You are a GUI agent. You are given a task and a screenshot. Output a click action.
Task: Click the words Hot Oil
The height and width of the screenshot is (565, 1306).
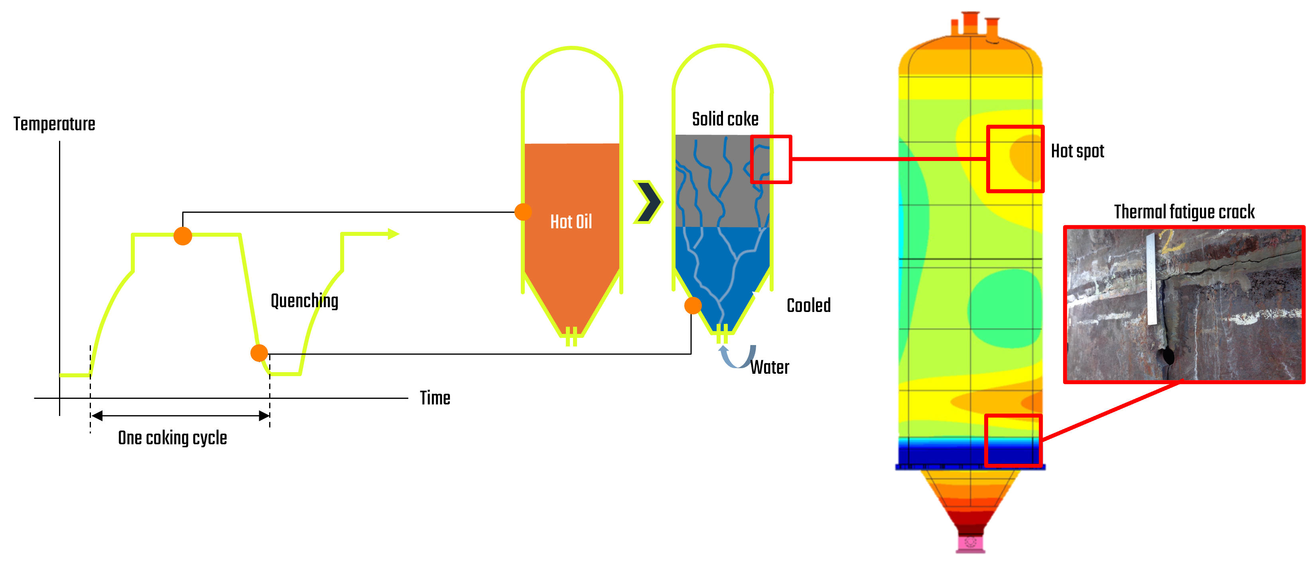click(x=571, y=222)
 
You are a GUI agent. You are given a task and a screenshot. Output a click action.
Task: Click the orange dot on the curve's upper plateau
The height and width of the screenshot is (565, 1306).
click(x=183, y=235)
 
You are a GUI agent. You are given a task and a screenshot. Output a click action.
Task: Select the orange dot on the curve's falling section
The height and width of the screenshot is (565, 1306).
click(x=259, y=353)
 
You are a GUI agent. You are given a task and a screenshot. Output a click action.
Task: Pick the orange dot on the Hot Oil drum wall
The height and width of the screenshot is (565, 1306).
click(x=523, y=212)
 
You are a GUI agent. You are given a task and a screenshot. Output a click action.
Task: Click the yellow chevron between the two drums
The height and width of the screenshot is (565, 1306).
click(x=649, y=202)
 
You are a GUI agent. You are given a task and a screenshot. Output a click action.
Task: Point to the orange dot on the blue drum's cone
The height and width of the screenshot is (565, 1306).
click(x=693, y=306)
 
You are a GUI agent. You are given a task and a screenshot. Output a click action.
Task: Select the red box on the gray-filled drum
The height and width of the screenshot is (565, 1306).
click(x=770, y=159)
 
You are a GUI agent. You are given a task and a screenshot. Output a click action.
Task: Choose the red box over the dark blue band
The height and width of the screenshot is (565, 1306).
click(x=1013, y=440)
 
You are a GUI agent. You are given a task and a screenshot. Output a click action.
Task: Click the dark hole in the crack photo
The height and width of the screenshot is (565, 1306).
click(x=1166, y=356)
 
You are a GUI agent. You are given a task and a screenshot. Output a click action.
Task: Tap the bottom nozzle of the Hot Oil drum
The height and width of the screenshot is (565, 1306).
click(x=571, y=337)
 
